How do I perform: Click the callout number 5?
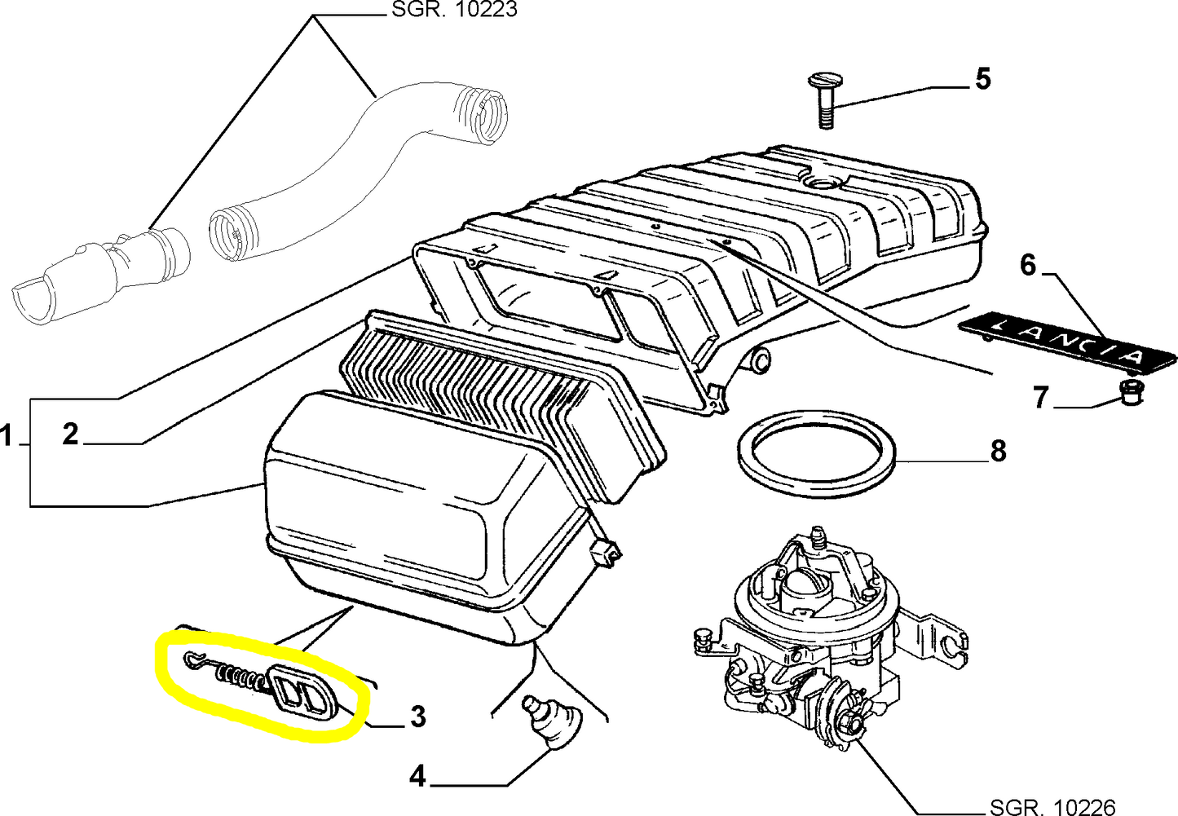coord(982,79)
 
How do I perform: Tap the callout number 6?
coord(1028,265)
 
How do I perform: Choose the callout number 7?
coord(1040,398)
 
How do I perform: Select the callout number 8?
coord(999,451)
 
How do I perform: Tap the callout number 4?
coord(417,777)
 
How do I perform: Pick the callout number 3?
coord(417,717)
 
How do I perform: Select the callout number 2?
coord(71,434)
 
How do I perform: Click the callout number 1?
coord(7,437)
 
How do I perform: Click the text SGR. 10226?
coord(1051,806)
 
